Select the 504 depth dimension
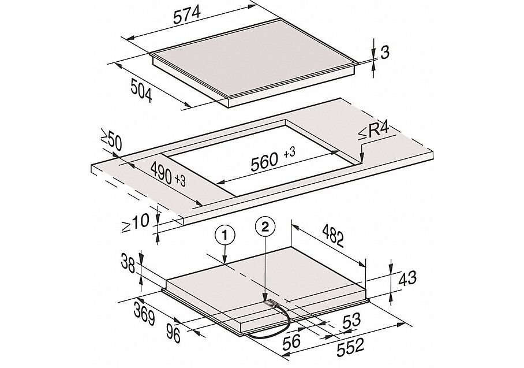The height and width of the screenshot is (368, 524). pos(141,90)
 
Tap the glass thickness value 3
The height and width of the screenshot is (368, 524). pos(385,53)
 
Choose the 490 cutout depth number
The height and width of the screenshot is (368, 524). pos(162,172)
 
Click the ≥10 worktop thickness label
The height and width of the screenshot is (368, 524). pos(134,222)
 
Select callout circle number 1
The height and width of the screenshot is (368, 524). pos(225,235)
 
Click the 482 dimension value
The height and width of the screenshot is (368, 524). pos(333,236)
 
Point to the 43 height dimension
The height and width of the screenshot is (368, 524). pos(407,278)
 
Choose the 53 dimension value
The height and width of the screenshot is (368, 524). pos(352,321)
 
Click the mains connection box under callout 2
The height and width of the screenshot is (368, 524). pos(270,304)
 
